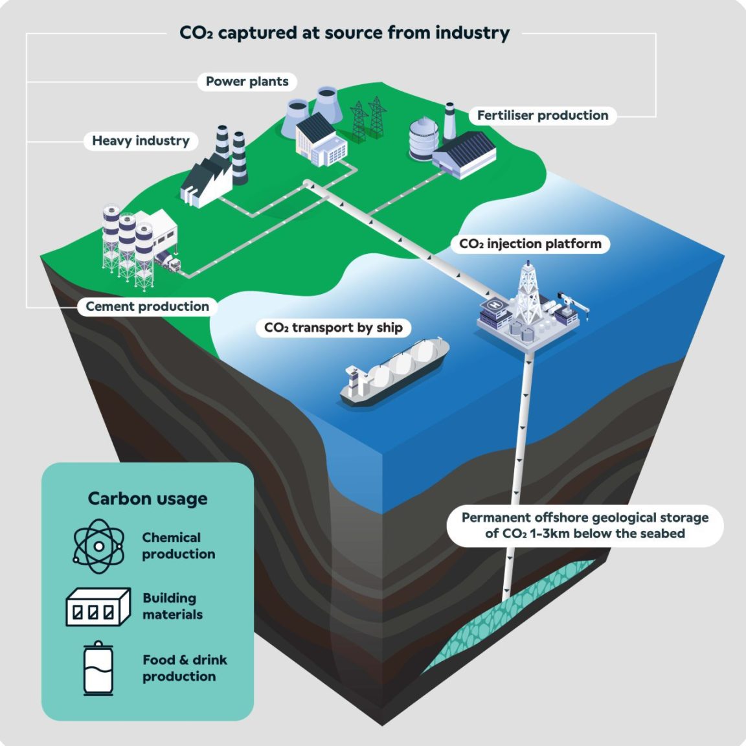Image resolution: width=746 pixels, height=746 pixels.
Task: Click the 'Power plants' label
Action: pos(247,82)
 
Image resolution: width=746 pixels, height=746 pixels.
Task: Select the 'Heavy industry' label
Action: pos(141,141)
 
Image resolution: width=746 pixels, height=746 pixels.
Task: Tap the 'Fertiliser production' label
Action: pos(543,116)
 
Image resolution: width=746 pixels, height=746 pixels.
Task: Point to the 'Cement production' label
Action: pos(147,306)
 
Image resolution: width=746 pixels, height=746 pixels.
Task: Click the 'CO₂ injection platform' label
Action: pos(530,244)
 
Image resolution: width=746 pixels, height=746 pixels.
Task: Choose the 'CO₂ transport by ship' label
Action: pos(333,328)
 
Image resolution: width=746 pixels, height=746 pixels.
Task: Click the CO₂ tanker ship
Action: pos(394,372)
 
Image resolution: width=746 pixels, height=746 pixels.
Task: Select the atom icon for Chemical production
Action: pos(98,546)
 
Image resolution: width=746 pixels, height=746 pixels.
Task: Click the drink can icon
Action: pos(98,669)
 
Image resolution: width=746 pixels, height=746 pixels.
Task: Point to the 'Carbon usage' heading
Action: pos(148,499)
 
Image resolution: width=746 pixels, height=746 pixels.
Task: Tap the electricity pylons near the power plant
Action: pos(368,119)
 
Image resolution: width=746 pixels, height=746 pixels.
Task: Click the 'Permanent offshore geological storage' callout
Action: pos(585,526)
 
